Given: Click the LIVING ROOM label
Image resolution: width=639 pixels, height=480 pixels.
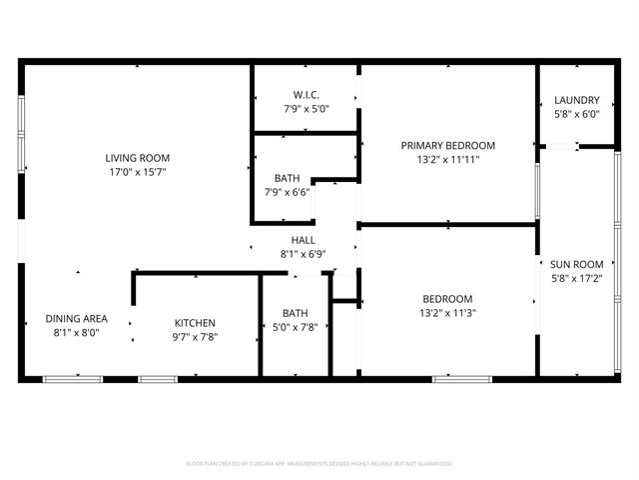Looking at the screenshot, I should pos(138,157).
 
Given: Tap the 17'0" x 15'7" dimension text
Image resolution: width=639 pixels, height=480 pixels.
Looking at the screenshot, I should pos(138,171).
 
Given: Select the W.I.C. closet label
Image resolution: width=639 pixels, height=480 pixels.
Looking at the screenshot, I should pos(306,95).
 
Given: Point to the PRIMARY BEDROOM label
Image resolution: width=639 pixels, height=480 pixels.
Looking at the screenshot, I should pos(448,145).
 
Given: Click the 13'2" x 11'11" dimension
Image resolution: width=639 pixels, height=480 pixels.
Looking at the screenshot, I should pos(448,159).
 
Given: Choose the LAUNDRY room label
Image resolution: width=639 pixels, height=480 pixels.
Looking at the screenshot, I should pos(577,100).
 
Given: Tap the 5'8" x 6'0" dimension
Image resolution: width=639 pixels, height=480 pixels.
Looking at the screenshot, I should pos(577,114).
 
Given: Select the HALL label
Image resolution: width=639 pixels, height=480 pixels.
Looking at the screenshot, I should pos(304,240).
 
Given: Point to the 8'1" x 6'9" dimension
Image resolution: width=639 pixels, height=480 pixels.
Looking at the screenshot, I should pos(304,254).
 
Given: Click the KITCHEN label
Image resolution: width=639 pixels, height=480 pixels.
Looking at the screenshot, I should pos(196,323).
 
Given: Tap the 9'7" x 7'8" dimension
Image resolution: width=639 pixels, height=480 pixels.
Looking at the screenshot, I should pos(196,337).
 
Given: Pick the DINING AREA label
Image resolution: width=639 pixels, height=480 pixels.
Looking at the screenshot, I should pos(76,319).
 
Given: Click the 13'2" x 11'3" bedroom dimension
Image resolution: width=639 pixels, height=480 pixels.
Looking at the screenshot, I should pos(447,313).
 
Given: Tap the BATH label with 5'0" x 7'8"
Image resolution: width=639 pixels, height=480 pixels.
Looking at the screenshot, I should pos(295,313).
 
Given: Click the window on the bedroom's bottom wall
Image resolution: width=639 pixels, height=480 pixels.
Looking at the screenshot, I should pos(454,378).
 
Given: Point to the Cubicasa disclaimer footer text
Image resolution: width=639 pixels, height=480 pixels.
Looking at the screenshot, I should pos(319,464).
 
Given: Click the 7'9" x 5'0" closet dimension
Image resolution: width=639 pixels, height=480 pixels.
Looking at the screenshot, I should pos(306,109).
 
